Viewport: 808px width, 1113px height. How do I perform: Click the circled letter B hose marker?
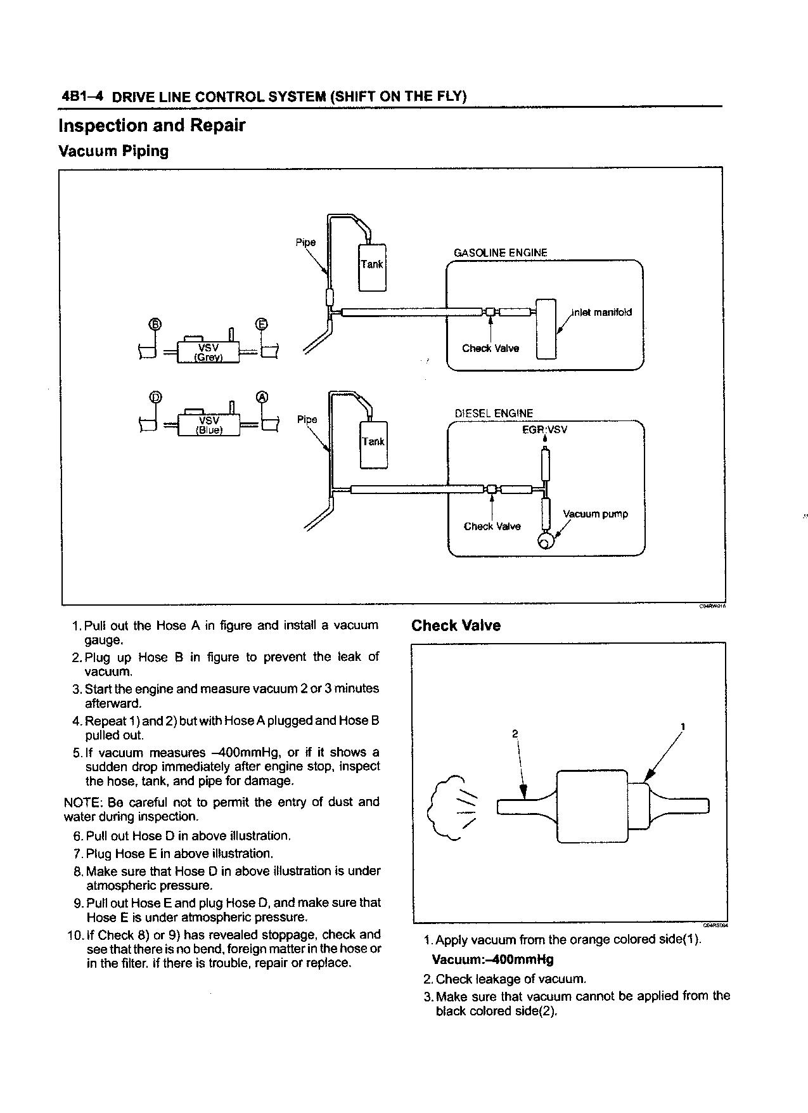point(155,325)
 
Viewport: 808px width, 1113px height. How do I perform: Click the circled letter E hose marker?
point(262,325)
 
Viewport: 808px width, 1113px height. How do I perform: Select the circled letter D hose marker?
point(155,397)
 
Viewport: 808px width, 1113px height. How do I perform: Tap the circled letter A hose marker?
point(262,397)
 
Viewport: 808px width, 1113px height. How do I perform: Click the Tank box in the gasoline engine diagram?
point(372,266)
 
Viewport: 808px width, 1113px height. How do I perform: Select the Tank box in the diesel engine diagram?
point(373,444)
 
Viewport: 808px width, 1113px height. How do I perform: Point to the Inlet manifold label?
point(601,312)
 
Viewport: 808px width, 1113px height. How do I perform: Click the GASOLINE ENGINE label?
point(500,252)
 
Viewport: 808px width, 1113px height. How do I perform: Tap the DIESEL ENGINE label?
point(494,413)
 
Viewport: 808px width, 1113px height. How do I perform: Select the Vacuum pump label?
point(595,514)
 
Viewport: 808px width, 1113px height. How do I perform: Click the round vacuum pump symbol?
point(545,541)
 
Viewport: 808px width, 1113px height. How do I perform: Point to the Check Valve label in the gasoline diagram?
point(491,348)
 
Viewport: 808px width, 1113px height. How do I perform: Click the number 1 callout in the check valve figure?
point(683,726)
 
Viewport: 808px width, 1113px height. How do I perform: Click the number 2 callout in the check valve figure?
point(515,734)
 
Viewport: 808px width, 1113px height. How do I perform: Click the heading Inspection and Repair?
point(151,125)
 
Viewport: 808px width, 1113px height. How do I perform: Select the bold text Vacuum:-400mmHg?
point(492,959)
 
